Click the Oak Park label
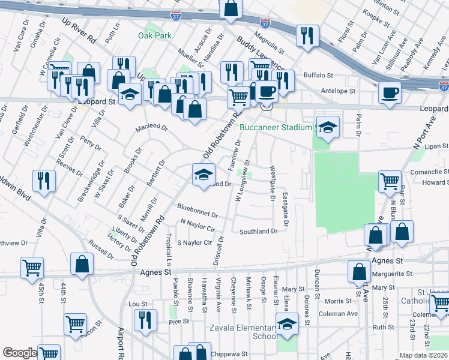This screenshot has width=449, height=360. coord(154,35)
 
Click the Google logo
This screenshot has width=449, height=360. coord(19,353)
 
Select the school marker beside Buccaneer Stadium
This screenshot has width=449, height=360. coord(328,127)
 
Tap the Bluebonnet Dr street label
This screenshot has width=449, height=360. coord(197,211)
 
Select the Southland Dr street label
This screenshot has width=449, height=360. coord(259,231)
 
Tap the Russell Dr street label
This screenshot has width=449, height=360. coord(101,250)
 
